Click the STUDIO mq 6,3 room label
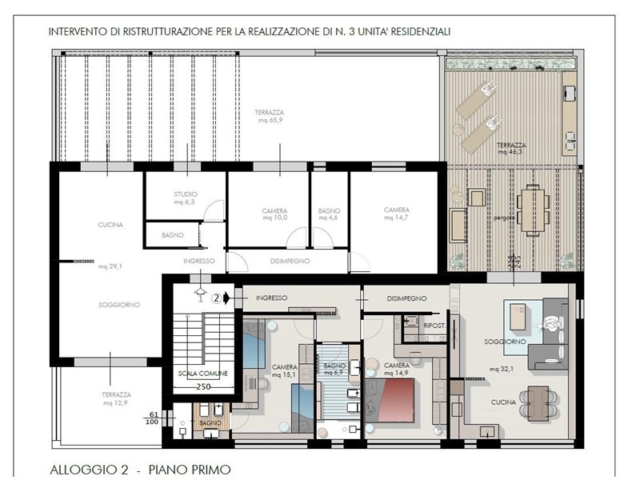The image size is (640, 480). pyautogui.click(x=186, y=198)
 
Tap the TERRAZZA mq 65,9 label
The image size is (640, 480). pyautogui.click(x=269, y=117)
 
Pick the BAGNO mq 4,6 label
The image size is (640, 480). pyautogui.click(x=330, y=214)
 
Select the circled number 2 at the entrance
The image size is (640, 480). pyautogui.click(x=216, y=298)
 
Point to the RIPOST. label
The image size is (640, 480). pyautogui.click(x=434, y=326)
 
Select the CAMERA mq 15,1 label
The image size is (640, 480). pyautogui.click(x=284, y=370)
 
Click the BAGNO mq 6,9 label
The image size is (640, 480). pyautogui.click(x=334, y=369)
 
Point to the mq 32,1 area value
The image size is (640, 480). pyautogui.click(x=501, y=370)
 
